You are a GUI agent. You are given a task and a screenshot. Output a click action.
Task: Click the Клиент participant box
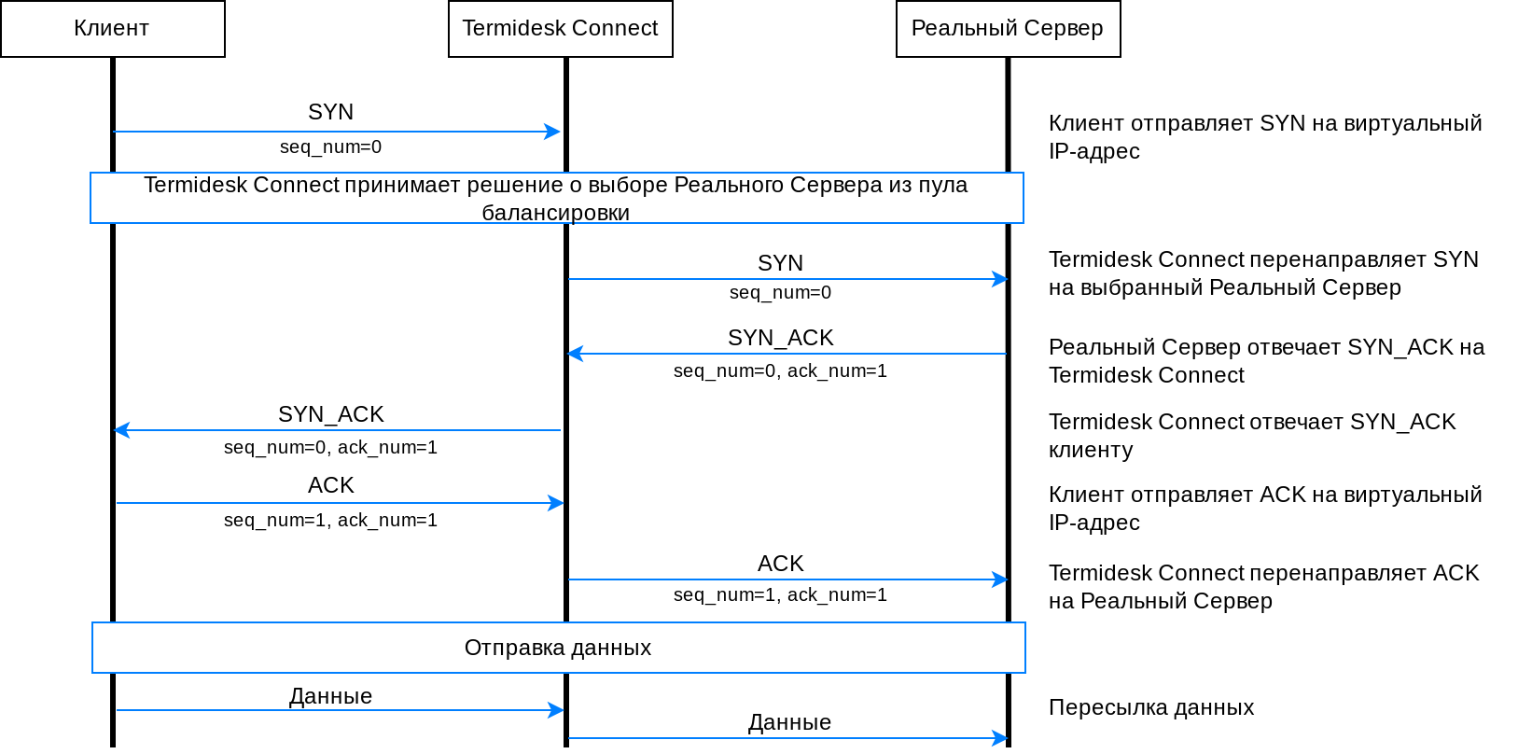point(112,29)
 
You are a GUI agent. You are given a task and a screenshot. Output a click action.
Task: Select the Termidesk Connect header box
point(560,29)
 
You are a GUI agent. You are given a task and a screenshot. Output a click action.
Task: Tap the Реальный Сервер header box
point(1008,29)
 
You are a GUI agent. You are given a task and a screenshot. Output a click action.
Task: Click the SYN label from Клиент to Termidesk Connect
point(330,112)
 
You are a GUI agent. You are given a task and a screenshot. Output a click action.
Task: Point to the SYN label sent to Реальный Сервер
point(780,263)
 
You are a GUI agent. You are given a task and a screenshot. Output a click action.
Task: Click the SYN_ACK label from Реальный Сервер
point(780,338)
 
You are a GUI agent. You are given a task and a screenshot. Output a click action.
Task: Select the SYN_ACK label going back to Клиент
point(330,414)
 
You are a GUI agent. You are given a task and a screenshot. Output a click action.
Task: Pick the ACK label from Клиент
point(330,485)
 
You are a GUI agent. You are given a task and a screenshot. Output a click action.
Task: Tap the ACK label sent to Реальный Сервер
point(780,564)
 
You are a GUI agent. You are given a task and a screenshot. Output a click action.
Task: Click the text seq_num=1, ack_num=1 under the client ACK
point(330,520)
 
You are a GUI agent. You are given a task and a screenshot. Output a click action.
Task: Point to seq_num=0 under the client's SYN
point(330,147)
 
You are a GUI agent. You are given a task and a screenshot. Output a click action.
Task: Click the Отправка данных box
point(558,648)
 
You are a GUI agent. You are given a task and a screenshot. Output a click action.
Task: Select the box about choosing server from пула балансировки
point(556,198)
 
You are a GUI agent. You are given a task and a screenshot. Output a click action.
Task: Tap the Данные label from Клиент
point(330,696)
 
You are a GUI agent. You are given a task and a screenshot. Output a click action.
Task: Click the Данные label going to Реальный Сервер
point(789,722)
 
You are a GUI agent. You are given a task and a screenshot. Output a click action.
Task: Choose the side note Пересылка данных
point(1150,707)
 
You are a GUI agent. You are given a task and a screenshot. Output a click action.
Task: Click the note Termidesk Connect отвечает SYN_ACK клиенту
point(1251,436)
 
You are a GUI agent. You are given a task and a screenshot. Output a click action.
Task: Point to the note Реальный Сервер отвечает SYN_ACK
point(1266,361)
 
